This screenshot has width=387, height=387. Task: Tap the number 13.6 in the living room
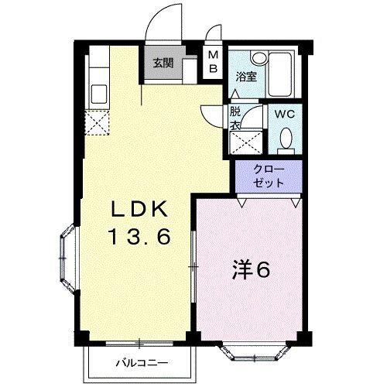click(x=138, y=236)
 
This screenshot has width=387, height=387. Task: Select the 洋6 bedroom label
click(x=251, y=271)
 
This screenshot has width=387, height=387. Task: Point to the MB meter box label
click(x=213, y=63)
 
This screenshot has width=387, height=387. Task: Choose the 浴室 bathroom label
click(x=247, y=76)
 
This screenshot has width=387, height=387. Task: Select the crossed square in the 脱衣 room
click(x=247, y=141)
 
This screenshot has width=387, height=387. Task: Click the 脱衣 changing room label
click(x=235, y=118)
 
